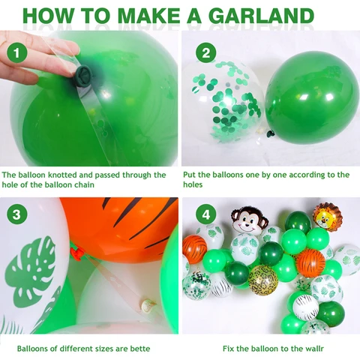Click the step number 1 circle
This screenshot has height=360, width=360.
tap(17, 53)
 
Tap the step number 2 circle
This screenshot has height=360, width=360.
tap(205, 53)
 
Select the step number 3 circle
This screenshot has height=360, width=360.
tap(16, 214)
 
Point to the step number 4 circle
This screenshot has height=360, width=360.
tap(205, 214)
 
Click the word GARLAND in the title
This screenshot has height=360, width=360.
tap(261, 16)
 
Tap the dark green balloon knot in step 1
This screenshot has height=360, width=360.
tap(84, 76)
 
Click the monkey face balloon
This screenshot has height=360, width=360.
tap(249, 219)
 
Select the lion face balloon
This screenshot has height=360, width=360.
tap(327, 217)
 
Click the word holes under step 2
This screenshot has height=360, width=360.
tap(193, 184)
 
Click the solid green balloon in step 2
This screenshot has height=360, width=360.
tap(312, 97)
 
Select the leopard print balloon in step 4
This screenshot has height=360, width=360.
tap(263, 280)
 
